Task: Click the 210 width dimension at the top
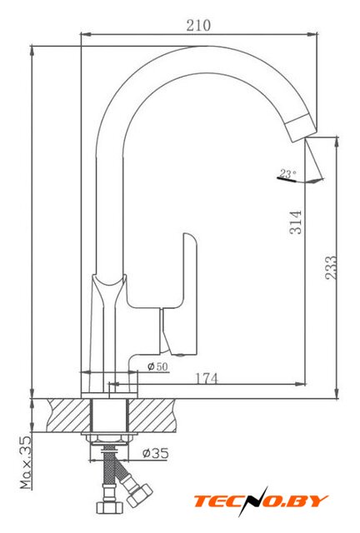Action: [198, 26]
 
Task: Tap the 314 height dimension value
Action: [296, 222]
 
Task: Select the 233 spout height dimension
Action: [330, 268]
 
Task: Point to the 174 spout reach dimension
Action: [207, 378]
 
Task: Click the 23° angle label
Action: [287, 174]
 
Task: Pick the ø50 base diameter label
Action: [157, 366]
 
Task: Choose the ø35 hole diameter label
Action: [156, 453]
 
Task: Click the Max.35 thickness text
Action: [26, 462]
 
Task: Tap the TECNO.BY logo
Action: [261, 501]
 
